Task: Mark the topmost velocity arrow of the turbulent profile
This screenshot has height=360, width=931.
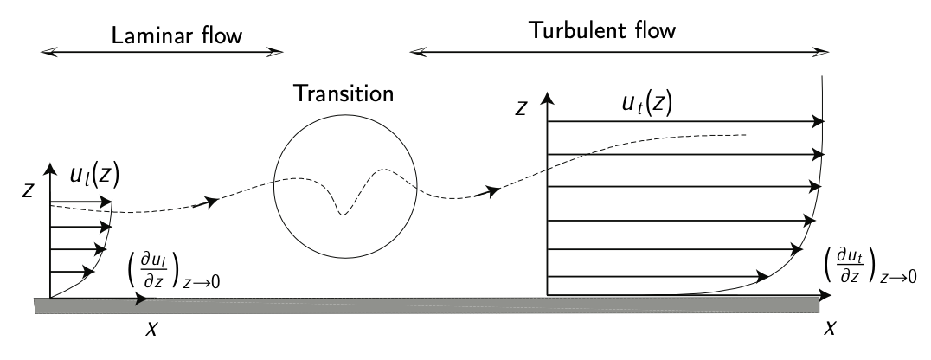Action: [684, 122]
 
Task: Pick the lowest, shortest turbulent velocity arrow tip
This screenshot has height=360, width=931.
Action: [765, 278]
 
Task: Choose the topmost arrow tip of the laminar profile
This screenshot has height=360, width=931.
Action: [111, 204]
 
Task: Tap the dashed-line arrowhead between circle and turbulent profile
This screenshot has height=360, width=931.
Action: [495, 190]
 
